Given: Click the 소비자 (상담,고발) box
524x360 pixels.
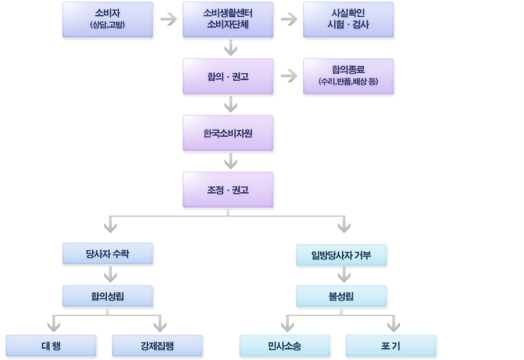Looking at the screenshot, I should click(x=108, y=19).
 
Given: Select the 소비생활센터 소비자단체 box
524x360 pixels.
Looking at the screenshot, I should click(x=228, y=19).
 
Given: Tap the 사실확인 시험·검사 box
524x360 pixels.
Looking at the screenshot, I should click(x=348, y=19).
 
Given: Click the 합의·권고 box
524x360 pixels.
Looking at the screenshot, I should click(x=228, y=76).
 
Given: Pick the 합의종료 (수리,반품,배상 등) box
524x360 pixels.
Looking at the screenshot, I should click(x=348, y=76).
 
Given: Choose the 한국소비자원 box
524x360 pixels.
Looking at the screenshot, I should click(x=228, y=133).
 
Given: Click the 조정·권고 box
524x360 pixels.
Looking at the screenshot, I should click(x=228, y=189).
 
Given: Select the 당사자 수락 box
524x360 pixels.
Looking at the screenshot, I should click(x=108, y=254).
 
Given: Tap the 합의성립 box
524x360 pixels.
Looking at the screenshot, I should click(x=108, y=296).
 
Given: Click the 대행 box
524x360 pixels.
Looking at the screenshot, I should click(x=51, y=345).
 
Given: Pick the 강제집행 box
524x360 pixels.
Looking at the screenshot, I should click(x=157, y=345).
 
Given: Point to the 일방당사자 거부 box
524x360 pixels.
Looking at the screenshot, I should click(x=341, y=254).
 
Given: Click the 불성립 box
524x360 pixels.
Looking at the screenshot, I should click(x=341, y=296).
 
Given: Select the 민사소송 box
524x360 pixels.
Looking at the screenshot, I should click(x=285, y=345).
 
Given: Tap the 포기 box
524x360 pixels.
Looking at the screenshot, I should click(x=391, y=345).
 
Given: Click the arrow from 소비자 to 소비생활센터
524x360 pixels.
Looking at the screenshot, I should click(x=168, y=19).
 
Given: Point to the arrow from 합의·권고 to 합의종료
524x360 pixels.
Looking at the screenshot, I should click(x=288, y=76).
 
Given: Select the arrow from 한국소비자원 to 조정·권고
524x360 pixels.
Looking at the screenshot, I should click(x=230, y=161).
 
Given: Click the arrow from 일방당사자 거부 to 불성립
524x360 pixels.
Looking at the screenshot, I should click(x=343, y=274).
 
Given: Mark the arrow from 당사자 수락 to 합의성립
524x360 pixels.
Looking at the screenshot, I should click(x=110, y=274).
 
